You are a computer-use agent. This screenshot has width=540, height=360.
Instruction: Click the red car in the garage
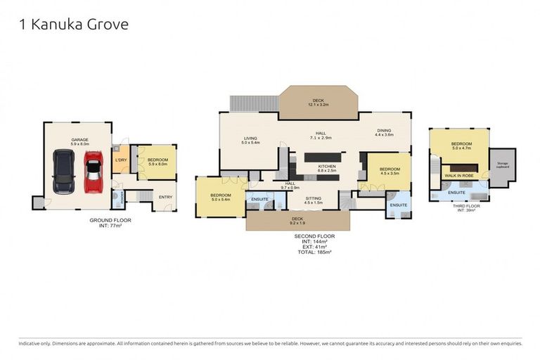point(94,172)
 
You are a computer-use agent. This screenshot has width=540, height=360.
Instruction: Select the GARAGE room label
point(79,141)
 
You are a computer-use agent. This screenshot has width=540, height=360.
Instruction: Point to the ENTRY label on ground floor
point(165,197)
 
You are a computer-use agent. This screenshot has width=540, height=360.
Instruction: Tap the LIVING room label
point(251,139)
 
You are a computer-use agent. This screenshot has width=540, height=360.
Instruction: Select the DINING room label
point(384,131)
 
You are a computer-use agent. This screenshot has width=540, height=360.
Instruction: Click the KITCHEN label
point(327,167)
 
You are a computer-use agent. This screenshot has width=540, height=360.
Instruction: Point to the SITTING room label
point(313,199)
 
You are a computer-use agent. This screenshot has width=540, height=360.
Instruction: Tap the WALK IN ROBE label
point(458,175)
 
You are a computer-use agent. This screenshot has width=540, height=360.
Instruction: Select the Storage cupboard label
point(502,166)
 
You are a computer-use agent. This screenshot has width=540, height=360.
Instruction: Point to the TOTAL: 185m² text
point(314,251)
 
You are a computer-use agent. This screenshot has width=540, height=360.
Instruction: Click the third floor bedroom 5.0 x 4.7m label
point(461,147)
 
